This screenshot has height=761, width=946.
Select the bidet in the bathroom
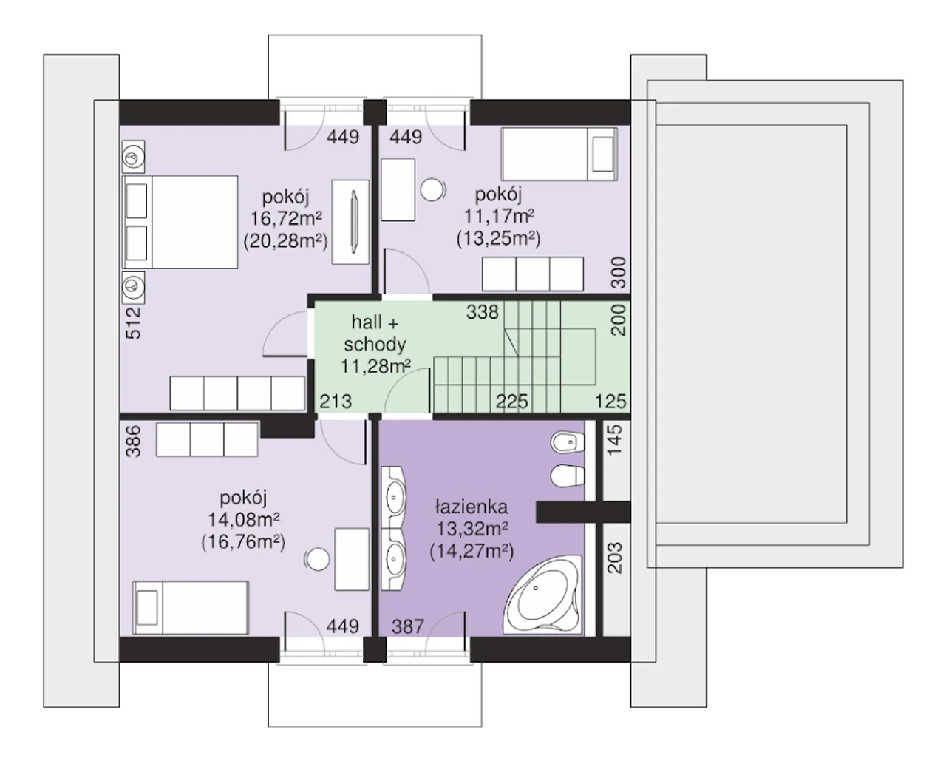click(x=568, y=442)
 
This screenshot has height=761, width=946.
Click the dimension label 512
click(x=134, y=323)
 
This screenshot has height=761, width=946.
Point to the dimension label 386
click(x=134, y=442)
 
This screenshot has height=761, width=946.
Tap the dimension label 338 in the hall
click(x=482, y=312)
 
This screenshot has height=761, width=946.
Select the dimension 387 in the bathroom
click(x=408, y=626)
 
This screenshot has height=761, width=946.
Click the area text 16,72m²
click(x=286, y=218)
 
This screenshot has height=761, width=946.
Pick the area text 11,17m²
click(x=500, y=216)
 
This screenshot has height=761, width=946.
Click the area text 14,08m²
click(x=244, y=520)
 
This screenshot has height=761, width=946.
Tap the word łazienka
click(x=472, y=507)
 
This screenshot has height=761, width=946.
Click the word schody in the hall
click(x=375, y=345)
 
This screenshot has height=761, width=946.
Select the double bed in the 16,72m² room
click(x=180, y=222)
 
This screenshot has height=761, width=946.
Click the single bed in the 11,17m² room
click(x=559, y=155)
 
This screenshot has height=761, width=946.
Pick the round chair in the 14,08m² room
click(x=317, y=560)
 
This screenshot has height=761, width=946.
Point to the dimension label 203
click(x=615, y=558)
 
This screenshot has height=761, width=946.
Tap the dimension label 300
click(x=619, y=273)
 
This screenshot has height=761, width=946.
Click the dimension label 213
click(x=336, y=402)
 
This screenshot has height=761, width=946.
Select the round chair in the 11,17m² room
click(x=432, y=191)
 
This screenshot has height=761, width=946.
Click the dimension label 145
click(x=615, y=440)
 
